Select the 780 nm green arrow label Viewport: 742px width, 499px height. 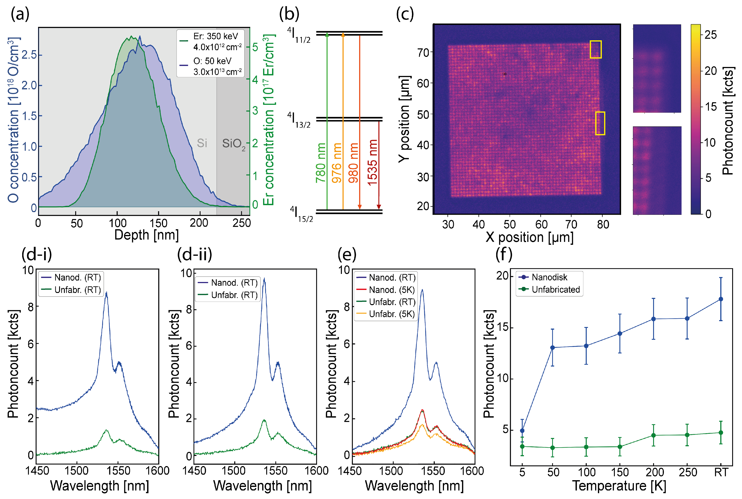point(321,163)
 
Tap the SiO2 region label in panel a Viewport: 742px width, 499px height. point(234,144)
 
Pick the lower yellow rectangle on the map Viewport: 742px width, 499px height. point(600,123)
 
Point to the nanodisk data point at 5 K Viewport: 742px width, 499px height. point(522,431)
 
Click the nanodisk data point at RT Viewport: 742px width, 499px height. point(721,299)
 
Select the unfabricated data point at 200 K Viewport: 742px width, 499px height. point(653,435)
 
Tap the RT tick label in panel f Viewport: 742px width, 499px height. point(721,472)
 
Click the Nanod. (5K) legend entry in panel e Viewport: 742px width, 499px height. point(391,290)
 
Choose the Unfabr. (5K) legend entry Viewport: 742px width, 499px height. point(391,314)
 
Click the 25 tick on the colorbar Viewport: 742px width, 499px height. point(710,35)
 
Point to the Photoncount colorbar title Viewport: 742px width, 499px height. point(727,121)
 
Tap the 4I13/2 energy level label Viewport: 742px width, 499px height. point(299,120)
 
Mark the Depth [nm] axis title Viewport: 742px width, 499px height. point(146,235)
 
